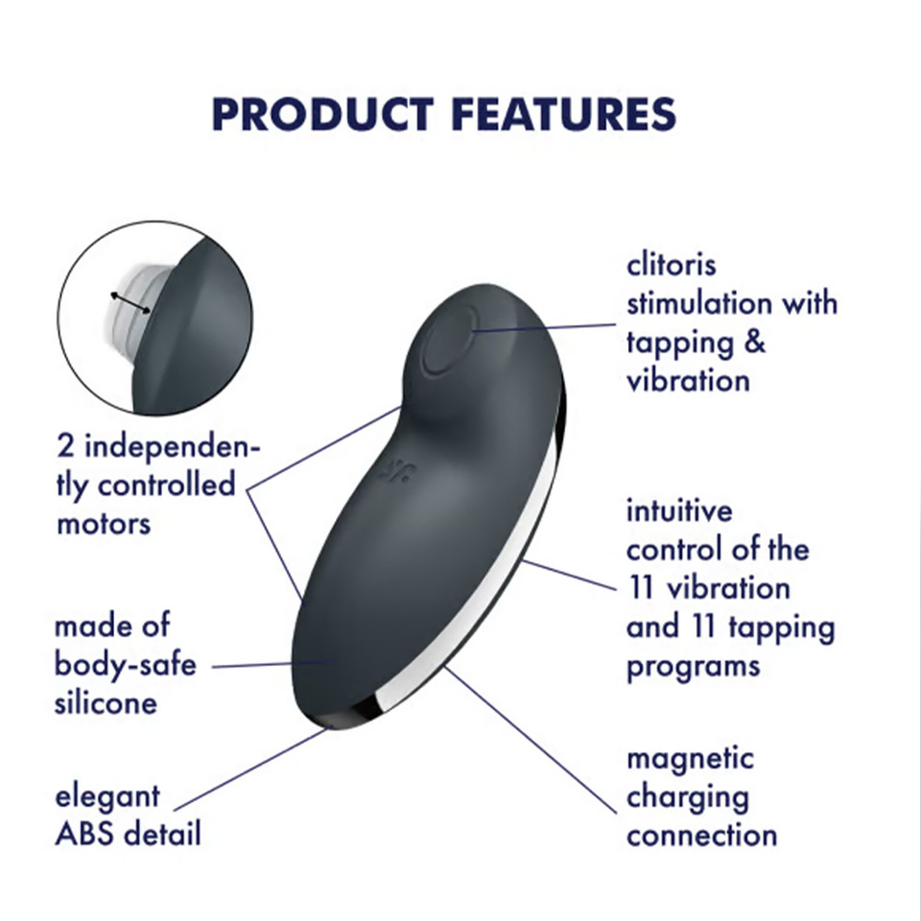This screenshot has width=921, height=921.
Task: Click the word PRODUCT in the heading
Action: [x=322, y=114]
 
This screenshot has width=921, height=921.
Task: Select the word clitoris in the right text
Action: [x=672, y=264]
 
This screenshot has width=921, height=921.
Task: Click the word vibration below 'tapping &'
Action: [x=688, y=380]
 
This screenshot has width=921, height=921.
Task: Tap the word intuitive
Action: [x=679, y=510]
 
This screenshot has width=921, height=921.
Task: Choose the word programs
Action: [x=694, y=665]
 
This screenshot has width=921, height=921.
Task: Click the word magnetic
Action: [x=691, y=758]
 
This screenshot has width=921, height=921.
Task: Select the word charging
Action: [x=688, y=797]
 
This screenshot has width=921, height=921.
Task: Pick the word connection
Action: [x=701, y=835]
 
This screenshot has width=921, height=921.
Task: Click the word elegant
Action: [x=107, y=796]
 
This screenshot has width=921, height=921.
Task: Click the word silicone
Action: [x=106, y=703]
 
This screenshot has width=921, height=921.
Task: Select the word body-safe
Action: [x=125, y=664]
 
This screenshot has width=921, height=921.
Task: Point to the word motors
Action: [x=103, y=524]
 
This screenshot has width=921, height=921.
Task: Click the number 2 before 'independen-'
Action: [x=65, y=447]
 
